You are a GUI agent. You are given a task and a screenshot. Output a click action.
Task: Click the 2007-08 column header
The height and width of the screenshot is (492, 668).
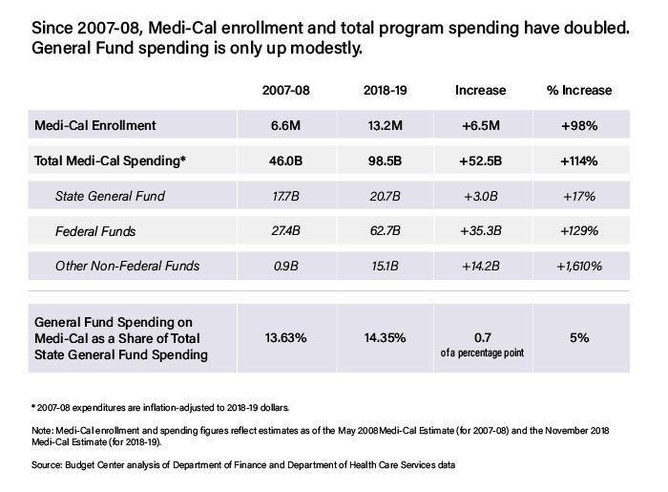[286, 91]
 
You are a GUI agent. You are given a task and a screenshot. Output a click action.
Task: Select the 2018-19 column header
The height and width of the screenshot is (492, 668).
[386, 91]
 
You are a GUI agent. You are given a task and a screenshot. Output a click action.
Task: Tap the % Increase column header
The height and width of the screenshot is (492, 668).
[579, 91]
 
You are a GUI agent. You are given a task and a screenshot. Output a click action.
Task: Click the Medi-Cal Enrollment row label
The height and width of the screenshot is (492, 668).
[95, 125]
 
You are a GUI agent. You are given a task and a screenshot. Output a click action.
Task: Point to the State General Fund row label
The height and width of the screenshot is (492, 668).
[110, 196]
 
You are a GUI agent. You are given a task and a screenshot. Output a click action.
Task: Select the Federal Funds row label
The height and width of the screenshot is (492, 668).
[95, 231]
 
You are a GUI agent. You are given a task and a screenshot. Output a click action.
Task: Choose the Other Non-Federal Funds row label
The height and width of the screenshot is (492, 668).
[127, 266]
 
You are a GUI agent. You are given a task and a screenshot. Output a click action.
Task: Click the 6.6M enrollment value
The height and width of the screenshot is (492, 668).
[285, 125]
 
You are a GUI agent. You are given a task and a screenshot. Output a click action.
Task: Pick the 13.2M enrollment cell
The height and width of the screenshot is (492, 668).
[386, 125]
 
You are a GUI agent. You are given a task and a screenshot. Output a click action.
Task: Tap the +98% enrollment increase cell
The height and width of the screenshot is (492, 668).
[579, 125]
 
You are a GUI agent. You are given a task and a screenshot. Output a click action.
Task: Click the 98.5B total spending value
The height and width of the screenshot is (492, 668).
[386, 160]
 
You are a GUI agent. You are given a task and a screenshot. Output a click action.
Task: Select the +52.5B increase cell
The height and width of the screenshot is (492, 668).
[481, 160]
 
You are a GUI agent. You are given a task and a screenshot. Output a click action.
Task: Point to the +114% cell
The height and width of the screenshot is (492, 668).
[579, 160]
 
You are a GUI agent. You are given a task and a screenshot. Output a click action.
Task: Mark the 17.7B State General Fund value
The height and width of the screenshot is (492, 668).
[285, 196]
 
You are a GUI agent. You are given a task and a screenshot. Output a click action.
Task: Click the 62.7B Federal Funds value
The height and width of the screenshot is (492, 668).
[386, 231]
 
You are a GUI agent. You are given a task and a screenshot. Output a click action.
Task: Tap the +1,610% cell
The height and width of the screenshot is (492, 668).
[579, 266]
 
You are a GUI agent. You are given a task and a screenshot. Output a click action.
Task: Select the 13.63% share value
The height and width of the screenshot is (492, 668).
[286, 337]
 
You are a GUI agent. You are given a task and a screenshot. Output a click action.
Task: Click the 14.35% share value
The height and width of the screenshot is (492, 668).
[385, 337]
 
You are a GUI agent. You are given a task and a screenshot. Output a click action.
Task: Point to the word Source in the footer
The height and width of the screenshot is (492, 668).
[47, 464]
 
